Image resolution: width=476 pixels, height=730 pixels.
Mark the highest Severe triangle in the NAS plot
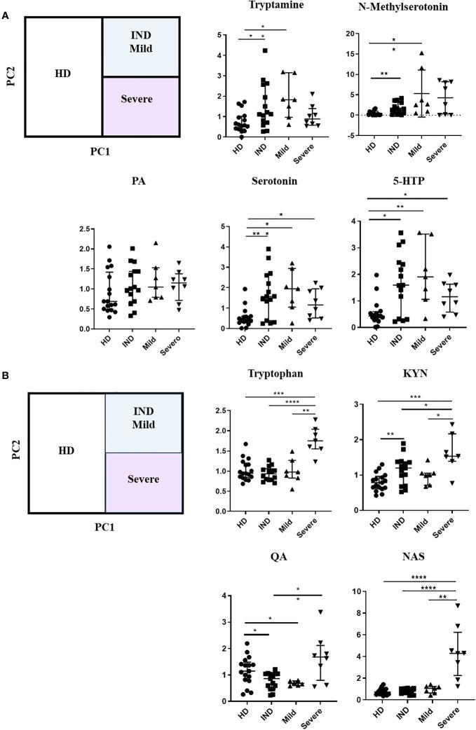pos(456,605)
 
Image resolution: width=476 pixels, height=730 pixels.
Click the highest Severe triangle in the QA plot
pos(320,612)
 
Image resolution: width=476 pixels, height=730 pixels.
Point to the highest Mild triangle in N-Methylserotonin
pos(423,53)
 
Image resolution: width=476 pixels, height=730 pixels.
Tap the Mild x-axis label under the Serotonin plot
pos(292,344)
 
